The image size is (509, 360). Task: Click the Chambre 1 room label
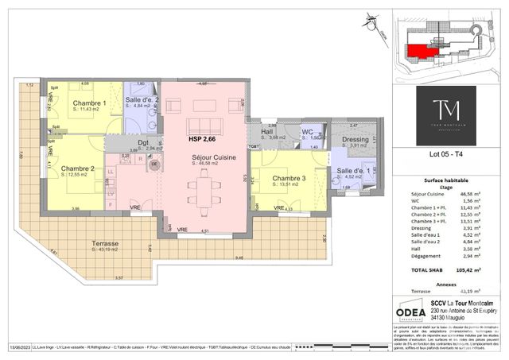point(89,103)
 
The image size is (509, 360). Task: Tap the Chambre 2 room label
point(80,168)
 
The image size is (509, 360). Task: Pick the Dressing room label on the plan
point(355,140)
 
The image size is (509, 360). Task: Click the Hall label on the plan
point(267,132)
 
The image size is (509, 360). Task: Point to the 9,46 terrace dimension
point(239,259)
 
